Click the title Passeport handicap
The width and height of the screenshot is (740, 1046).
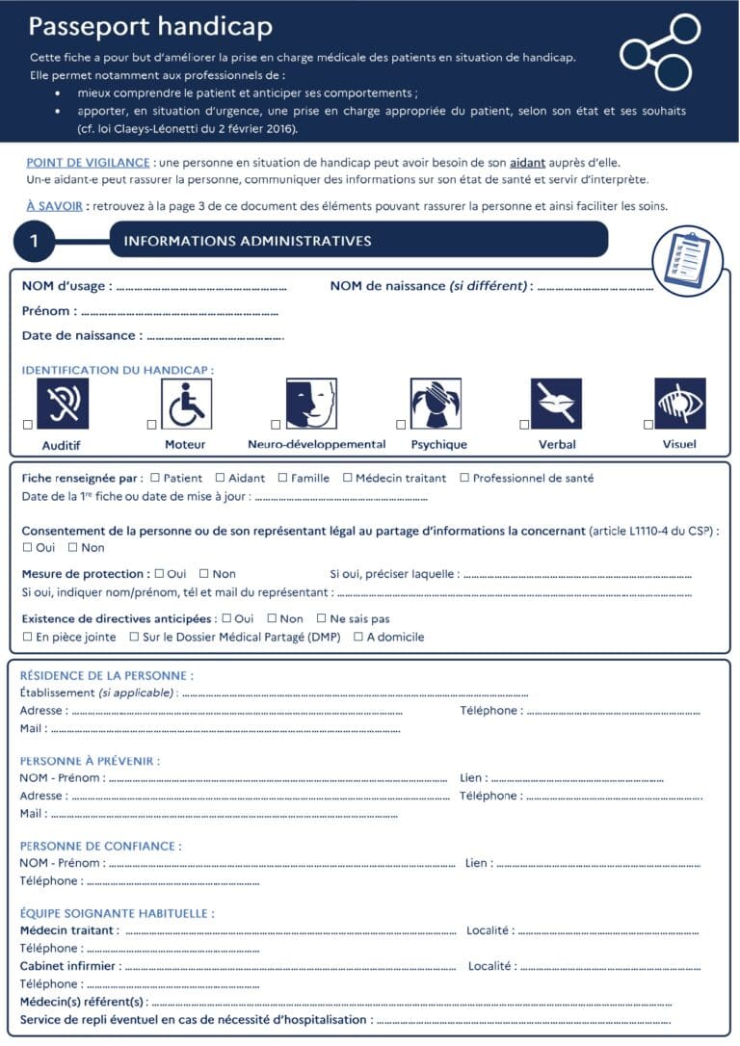pyautogui.click(x=150, y=26)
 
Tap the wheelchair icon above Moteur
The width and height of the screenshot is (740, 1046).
pyautogui.click(x=186, y=404)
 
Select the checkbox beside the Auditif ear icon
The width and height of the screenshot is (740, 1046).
pyautogui.click(x=28, y=425)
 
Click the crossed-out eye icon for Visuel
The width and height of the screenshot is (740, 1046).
pyautogui.click(x=680, y=404)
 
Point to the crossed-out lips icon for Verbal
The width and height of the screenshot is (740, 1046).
pyautogui.click(x=556, y=404)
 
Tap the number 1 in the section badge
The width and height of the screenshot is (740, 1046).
pyautogui.click(x=35, y=241)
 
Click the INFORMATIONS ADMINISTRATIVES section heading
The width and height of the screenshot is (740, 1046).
pyautogui.click(x=247, y=241)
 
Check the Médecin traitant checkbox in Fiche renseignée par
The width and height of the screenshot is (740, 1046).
pyautogui.click(x=348, y=478)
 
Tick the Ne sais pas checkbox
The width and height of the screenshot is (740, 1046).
pyautogui.click(x=322, y=619)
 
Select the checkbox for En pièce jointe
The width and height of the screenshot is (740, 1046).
pyautogui.click(x=27, y=637)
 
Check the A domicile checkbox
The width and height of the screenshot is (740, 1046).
pyautogui.click(x=358, y=637)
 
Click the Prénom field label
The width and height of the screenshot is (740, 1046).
pyautogui.click(x=46, y=311)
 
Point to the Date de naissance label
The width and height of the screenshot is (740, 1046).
pyautogui.click(x=81, y=336)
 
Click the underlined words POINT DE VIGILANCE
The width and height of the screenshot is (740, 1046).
pyautogui.click(x=88, y=163)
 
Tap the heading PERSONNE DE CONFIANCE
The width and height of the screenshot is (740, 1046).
pyautogui.click(x=100, y=846)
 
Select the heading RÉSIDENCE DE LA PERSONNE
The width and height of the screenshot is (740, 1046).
pyautogui.click(x=106, y=676)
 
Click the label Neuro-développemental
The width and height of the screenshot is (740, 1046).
pyautogui.click(x=316, y=445)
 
